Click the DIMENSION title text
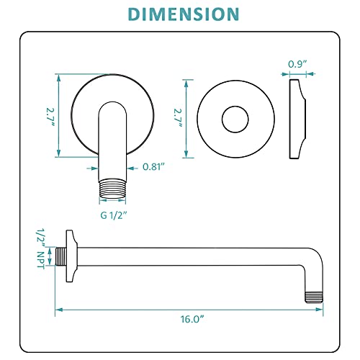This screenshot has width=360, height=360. click(180, 14)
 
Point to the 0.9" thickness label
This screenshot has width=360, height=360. click(296, 64)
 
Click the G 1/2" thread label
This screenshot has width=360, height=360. click(114, 215)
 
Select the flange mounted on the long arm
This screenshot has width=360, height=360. click(71, 256)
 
